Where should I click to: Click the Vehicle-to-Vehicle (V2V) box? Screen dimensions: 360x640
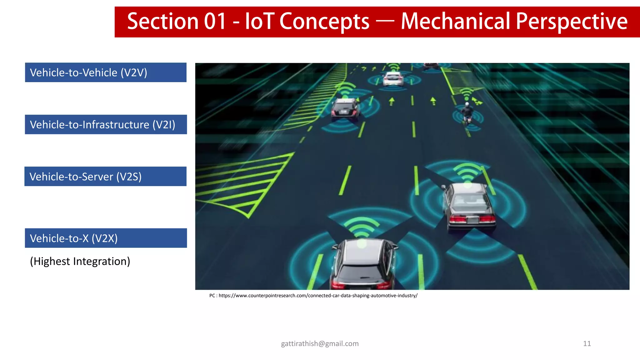pyautogui.click(x=106, y=72)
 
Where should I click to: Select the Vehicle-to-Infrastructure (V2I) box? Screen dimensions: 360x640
pyautogui.click(x=106, y=124)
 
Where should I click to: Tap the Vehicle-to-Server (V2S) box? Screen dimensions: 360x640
pyautogui.click(x=105, y=176)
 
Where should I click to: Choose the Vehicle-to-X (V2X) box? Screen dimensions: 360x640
pyautogui.click(x=106, y=238)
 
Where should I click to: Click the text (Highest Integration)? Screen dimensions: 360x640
pyautogui.click(x=80, y=261)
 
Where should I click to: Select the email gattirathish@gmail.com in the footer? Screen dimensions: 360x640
pyautogui.click(x=320, y=343)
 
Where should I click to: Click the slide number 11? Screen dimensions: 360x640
pyautogui.click(x=587, y=343)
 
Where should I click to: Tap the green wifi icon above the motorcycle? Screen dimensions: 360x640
pyautogui.click(x=467, y=93)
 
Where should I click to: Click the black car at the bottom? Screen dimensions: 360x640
pyautogui.click(x=362, y=266)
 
